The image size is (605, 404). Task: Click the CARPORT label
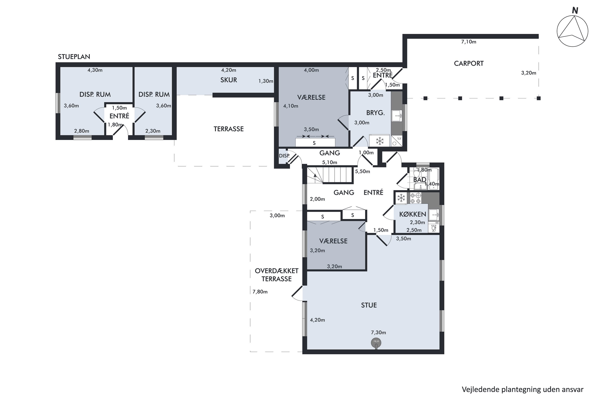click(x=469, y=63)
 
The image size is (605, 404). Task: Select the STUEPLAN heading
click(x=74, y=57)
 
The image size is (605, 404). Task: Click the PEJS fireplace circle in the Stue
click(x=376, y=343)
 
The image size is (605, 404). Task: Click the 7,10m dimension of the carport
click(x=469, y=42)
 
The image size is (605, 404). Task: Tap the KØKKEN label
click(x=413, y=214)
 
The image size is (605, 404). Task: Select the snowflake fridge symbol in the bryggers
click(x=380, y=141)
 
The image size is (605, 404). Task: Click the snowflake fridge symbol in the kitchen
click(x=401, y=198)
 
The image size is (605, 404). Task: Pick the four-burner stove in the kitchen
click(x=416, y=198)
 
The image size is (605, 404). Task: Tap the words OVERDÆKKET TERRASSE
click(x=276, y=275)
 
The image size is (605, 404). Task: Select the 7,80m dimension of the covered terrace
click(x=260, y=292)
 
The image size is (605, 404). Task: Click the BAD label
click(x=420, y=180)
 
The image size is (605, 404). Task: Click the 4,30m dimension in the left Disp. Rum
click(x=95, y=70)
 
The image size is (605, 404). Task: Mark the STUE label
click(x=369, y=305)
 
